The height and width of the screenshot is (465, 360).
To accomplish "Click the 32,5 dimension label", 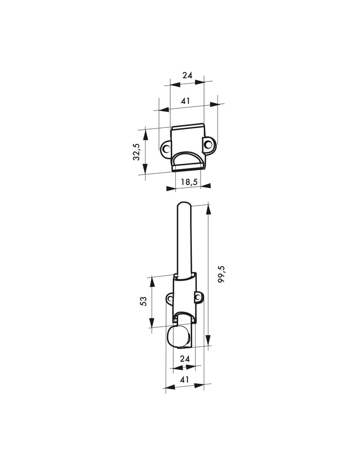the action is coord(136,151).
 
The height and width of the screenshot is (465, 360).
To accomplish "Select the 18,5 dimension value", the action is coord(189,182).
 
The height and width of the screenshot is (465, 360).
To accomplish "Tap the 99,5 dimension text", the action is coord(222,274).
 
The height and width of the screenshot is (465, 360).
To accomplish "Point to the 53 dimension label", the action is coord(143,301).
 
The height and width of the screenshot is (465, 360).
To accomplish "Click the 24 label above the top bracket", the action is coord(187,76).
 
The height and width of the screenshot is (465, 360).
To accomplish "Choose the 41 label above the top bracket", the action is coord(185,101).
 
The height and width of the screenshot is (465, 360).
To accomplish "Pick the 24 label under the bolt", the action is coord(185,359).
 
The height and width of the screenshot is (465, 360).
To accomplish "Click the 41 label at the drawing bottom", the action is coord(184,379).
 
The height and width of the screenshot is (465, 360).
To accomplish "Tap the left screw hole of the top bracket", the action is coord(165,148).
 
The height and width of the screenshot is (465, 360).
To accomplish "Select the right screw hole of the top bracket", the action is coord(209,144).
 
